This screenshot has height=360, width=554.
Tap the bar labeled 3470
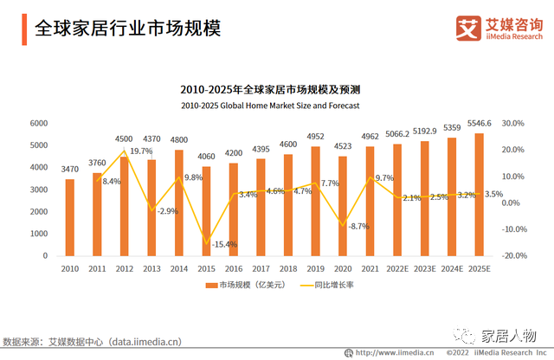pyautogui.click(x=70, y=217)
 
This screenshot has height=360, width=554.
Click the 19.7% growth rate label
pyautogui.click(x=141, y=151)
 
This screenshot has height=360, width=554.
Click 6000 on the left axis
pyautogui.click(x=39, y=124)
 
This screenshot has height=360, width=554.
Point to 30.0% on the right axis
pyautogui.click(x=513, y=124)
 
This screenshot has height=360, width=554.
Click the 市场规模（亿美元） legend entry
pyautogui.click(x=248, y=286)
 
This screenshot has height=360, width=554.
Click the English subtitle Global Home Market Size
pyautogui.click(x=270, y=105)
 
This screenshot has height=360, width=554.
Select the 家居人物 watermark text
pyautogui.click(x=509, y=336)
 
